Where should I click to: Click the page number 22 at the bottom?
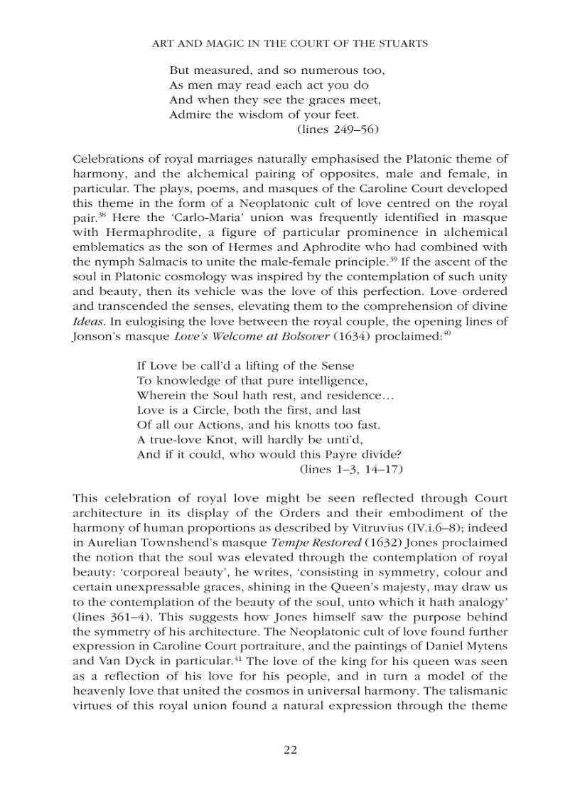(290, 750)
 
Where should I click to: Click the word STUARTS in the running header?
(402, 43)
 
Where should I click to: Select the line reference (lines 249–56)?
(337, 129)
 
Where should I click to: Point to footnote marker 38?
(102, 213)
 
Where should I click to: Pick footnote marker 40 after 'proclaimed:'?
(446, 332)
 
